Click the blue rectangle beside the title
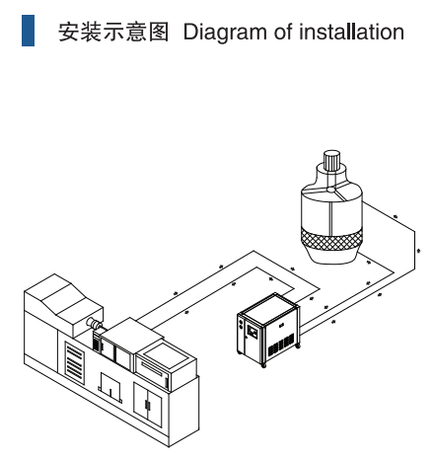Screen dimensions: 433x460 28,31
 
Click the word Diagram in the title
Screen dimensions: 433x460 225,33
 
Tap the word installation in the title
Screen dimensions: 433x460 351,32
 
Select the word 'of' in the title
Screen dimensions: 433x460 283,32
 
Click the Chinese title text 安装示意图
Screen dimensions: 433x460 113,32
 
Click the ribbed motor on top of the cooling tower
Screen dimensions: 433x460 331,160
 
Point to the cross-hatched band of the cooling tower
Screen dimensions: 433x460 331,240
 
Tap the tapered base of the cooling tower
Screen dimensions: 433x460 332,256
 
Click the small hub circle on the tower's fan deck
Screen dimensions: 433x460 331,190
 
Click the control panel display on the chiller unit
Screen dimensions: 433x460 253,332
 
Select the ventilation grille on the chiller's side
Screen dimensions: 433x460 281,345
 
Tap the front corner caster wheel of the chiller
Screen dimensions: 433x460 263,365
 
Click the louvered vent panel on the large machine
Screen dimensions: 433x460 75,363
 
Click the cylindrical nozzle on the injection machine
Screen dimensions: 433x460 94,323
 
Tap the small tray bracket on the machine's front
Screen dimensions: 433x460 110,388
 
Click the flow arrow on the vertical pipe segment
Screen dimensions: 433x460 418,251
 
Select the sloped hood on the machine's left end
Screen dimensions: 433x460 63,299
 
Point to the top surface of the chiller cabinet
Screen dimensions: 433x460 269,307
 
